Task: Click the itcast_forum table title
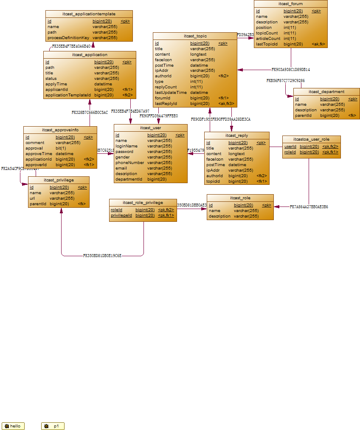(291, 4)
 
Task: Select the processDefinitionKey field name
(68, 38)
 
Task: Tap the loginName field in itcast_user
(127, 146)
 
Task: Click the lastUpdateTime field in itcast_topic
(171, 92)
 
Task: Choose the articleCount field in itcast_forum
(268, 38)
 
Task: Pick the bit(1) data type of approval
(61, 148)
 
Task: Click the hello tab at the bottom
(13, 426)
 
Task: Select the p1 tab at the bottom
(53, 426)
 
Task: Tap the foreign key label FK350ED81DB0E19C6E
(102, 256)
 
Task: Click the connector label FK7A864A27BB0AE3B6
(309, 207)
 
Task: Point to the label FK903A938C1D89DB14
(291, 69)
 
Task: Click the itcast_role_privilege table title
(143, 202)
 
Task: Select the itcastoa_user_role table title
(311, 139)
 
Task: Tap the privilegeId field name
(121, 215)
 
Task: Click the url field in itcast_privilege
(32, 198)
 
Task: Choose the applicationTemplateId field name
(68, 95)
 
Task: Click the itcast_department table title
(326, 91)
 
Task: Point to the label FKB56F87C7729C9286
(285, 80)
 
